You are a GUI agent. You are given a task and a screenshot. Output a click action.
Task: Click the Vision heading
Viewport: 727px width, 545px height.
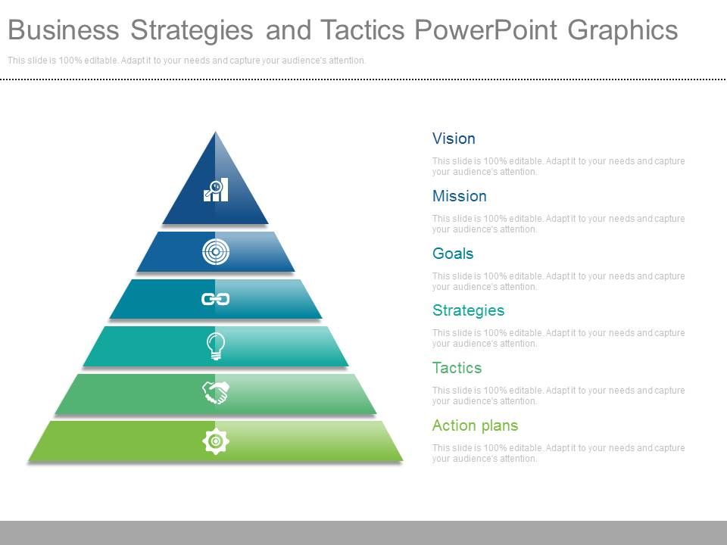[454, 139]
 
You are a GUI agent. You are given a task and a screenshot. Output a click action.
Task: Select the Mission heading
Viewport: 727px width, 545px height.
[460, 196]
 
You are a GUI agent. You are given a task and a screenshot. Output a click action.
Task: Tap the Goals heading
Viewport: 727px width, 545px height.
[453, 254]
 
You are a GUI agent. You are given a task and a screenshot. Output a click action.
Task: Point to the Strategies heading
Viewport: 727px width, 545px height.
[468, 310]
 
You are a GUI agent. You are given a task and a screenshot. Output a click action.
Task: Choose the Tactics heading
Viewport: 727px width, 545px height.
[457, 368]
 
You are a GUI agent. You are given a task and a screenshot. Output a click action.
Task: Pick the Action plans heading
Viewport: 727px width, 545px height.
[476, 425]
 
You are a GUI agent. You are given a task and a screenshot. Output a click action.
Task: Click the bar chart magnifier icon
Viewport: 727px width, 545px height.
[216, 189]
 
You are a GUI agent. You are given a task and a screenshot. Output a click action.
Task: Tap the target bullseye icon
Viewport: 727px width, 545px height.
[216, 251]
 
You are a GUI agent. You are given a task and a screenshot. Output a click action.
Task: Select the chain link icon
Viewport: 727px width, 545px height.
[216, 299]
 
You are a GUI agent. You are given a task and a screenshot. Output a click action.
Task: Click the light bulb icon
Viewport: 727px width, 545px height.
[216, 346]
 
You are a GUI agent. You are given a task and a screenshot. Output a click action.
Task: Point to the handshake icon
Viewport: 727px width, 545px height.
[216, 393]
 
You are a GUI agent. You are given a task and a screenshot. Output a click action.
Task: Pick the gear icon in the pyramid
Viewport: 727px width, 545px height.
[216, 441]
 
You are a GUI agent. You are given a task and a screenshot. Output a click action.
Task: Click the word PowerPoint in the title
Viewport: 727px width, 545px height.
[486, 30]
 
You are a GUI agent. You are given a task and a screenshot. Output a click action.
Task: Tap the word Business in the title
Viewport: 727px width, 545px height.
[64, 30]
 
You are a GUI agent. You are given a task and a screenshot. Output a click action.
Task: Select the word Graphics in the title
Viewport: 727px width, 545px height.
[622, 31]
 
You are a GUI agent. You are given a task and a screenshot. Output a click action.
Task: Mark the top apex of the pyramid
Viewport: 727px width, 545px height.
[215, 132]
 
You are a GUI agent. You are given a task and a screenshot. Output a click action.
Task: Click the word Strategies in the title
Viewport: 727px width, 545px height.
[192, 31]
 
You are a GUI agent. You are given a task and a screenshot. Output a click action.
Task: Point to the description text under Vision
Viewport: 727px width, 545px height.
[558, 167]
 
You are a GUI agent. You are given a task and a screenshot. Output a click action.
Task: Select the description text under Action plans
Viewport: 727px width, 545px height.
[558, 453]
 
